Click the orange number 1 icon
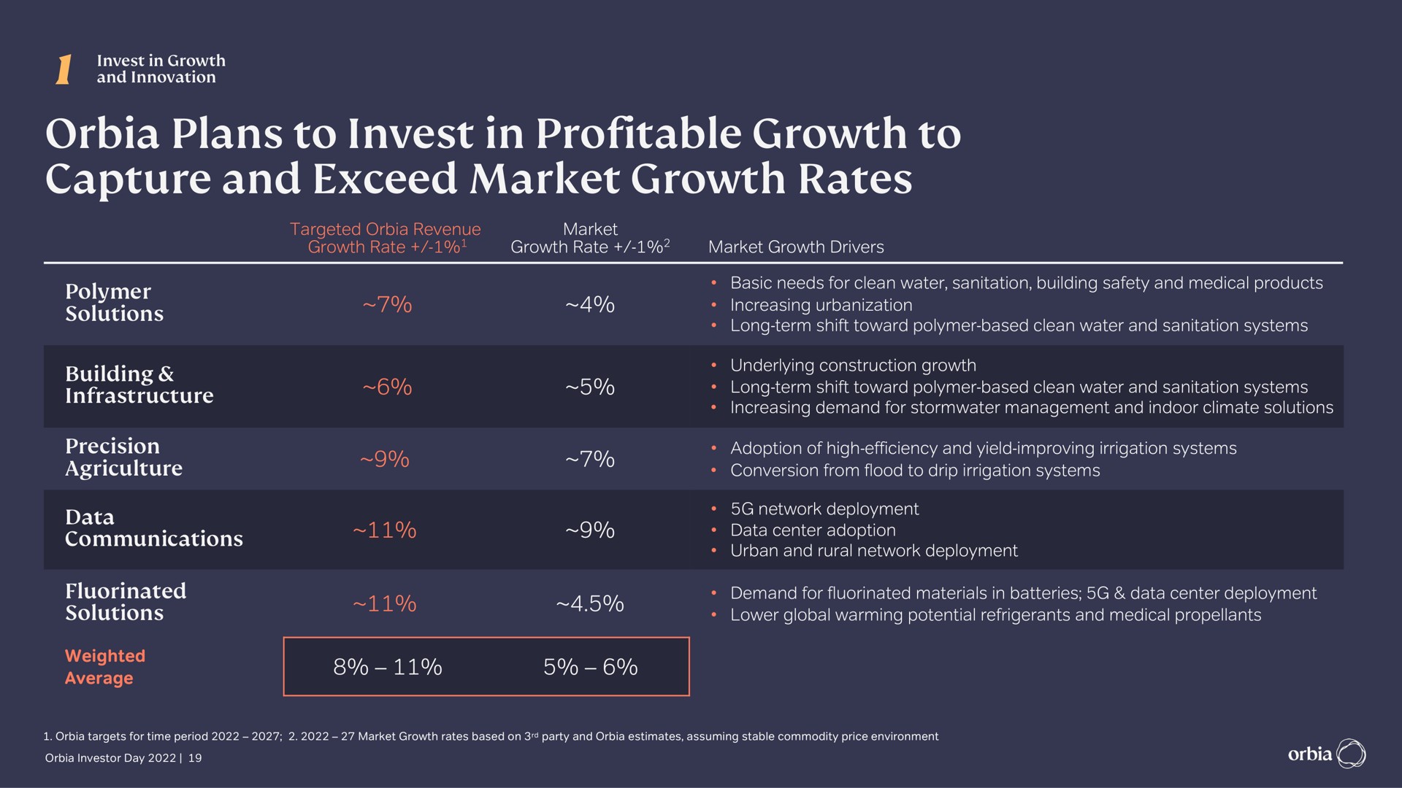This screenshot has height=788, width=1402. pos(64,69)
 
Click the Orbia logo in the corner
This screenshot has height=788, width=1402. pos(1326,754)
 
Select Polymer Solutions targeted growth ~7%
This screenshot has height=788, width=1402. pos(387,304)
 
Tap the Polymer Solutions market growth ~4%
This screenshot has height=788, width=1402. pos(590,304)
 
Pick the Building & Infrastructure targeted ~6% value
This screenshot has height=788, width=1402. pos(387,387)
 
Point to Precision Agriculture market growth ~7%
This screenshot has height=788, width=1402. pos(590,459)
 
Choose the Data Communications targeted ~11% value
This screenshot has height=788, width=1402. pos(384,530)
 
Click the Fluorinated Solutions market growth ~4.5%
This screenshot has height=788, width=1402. pos(590,604)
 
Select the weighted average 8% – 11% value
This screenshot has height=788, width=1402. pos(387,667)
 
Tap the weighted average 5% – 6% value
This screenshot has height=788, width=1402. pos(590,667)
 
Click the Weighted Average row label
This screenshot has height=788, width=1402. pos(105,667)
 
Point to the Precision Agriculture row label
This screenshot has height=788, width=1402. pos(123,457)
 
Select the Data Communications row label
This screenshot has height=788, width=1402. pos(153,528)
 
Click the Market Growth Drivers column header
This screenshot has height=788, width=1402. pos(796,247)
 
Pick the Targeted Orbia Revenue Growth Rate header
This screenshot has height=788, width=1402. pos(386,239)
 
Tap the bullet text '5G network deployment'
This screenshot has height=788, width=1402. pos(824,509)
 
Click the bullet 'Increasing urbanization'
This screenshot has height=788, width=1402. pos(821,305)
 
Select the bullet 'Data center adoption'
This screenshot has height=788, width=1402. pos(813,530)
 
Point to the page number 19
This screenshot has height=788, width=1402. pos(194,758)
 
